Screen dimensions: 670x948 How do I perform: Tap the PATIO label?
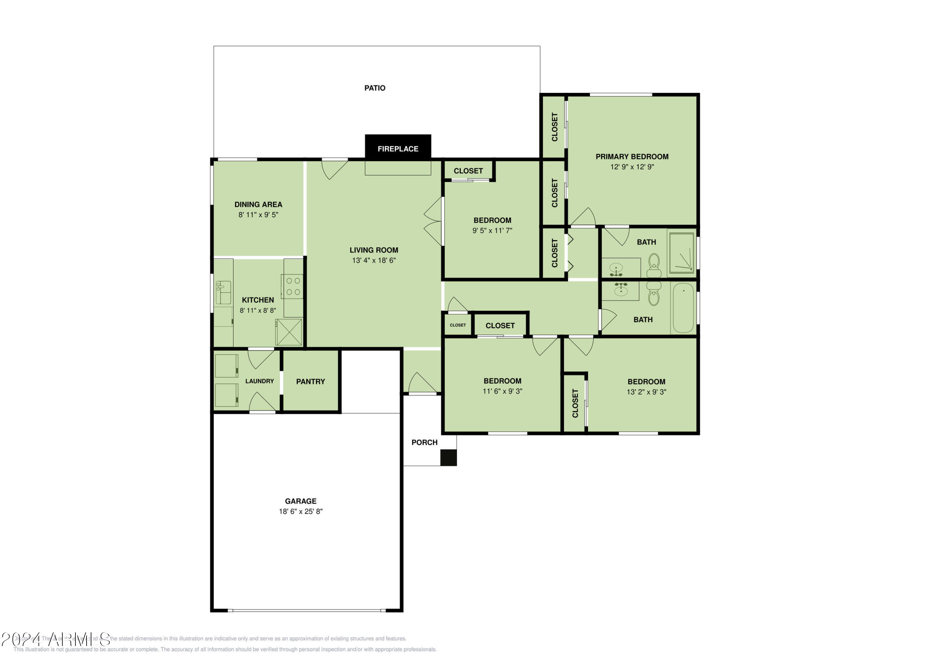(x=374, y=88)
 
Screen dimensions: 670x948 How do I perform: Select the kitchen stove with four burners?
(x=293, y=286)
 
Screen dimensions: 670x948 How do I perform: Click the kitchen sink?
(x=223, y=292)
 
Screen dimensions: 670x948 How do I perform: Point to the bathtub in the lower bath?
(x=683, y=308)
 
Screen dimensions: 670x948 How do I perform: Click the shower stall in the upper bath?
(x=682, y=253)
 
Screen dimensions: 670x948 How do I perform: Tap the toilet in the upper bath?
(x=654, y=265)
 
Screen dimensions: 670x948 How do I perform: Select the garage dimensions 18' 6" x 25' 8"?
(x=301, y=511)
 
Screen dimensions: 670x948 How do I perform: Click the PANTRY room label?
(x=311, y=382)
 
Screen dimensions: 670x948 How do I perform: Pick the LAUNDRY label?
(x=259, y=381)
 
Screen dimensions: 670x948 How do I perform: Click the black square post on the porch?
(x=448, y=458)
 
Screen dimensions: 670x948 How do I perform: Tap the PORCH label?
(x=424, y=443)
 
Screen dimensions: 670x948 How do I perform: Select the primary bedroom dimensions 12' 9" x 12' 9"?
(x=632, y=167)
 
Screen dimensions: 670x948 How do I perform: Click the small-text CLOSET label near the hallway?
(x=458, y=325)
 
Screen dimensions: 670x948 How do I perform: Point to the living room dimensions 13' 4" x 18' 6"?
(x=374, y=261)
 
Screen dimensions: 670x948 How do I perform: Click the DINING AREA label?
(x=258, y=204)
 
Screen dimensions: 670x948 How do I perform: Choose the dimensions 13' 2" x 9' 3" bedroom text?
(x=646, y=392)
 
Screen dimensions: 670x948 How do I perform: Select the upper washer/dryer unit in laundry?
(x=227, y=366)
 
